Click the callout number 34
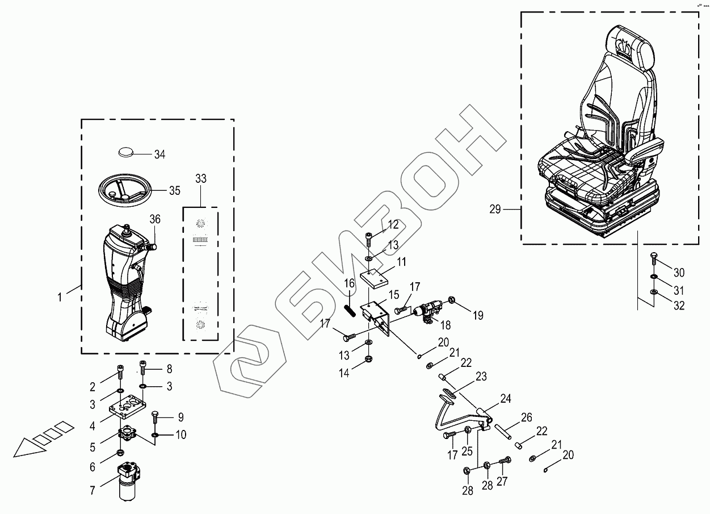click(x=159, y=154)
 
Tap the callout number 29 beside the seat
click(x=495, y=210)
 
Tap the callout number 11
click(x=401, y=262)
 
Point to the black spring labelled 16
click(x=349, y=312)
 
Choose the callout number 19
click(x=478, y=315)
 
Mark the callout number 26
click(x=526, y=418)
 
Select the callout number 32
click(x=679, y=306)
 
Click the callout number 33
click(x=200, y=179)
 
